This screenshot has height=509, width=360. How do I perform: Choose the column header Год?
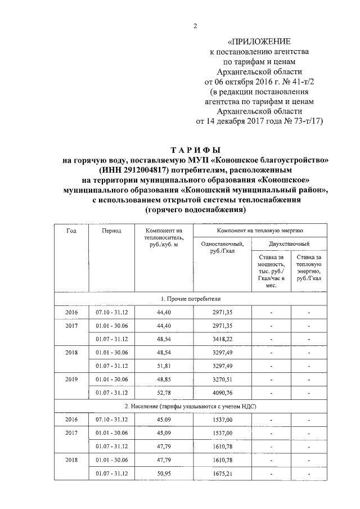[71, 231]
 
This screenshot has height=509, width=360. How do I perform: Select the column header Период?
[112, 231]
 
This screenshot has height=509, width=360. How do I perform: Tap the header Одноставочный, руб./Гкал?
[221, 247]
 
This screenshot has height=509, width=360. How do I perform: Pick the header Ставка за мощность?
[270, 271]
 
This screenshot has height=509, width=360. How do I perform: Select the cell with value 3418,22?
[221, 339]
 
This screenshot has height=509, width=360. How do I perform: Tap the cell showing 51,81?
[164, 366]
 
